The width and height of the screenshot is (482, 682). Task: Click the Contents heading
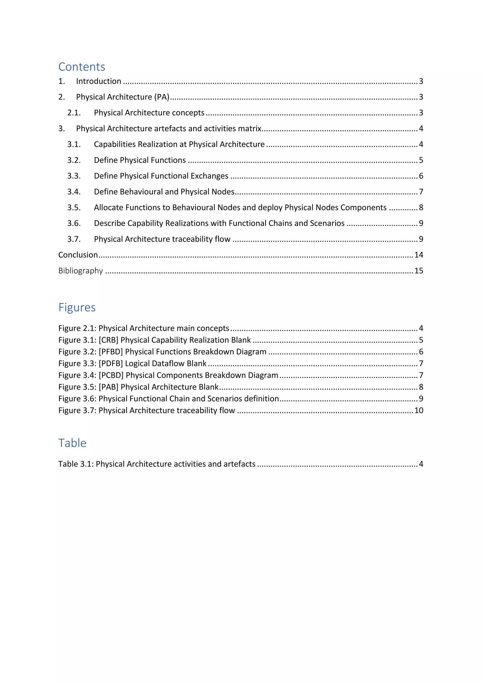pyautogui.click(x=82, y=67)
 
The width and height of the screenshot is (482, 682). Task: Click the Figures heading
pyautogui.click(x=77, y=307)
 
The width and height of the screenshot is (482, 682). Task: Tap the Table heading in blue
pyautogui.click(x=72, y=443)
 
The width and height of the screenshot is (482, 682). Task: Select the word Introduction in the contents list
pyautogui.click(x=99, y=81)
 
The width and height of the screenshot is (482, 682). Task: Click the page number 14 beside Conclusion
pyautogui.click(x=418, y=255)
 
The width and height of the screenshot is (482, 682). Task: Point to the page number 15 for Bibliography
pyautogui.click(x=418, y=271)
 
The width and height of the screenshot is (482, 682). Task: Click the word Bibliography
pyautogui.click(x=80, y=271)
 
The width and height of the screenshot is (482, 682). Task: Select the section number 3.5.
pyautogui.click(x=74, y=207)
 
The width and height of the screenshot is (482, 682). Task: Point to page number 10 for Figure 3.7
pyautogui.click(x=418, y=410)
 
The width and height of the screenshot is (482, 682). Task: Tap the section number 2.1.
pyautogui.click(x=74, y=113)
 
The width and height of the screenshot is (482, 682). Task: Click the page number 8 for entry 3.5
pyautogui.click(x=421, y=207)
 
